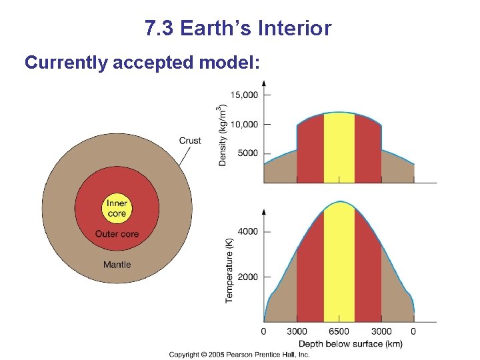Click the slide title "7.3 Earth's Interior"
click(237, 29)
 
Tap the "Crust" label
click(190, 141)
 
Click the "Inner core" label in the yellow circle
click(117, 209)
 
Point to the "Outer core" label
click(117, 234)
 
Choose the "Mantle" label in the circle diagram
click(117, 265)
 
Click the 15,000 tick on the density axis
click(244, 95)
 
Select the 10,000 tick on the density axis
click(244, 124)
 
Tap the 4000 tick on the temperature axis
click(248, 231)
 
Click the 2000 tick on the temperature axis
click(248, 277)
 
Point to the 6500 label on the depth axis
click(339, 331)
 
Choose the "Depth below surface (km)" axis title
click(350, 343)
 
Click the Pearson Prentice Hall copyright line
click(239, 355)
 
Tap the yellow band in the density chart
click(339, 150)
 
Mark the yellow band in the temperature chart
click(339, 267)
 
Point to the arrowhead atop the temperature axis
click(265, 212)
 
